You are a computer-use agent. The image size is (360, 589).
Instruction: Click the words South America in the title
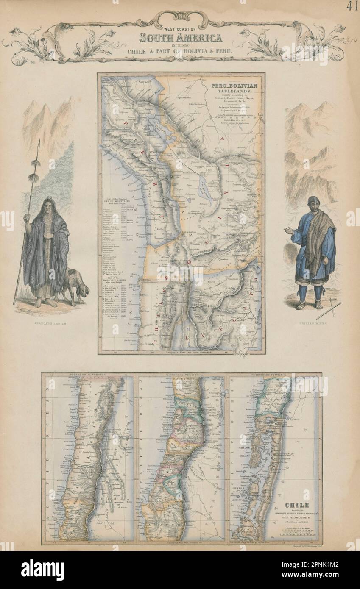179,39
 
